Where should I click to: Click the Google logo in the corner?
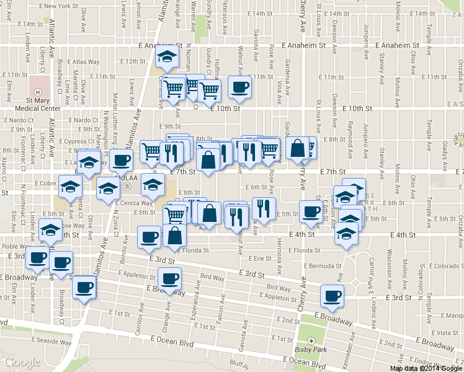[x=22, y=362]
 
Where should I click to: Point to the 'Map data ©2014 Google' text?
[x=426, y=368]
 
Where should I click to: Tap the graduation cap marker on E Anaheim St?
[x=166, y=56]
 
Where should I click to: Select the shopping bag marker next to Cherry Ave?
[x=298, y=148]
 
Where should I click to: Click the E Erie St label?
[x=259, y=258]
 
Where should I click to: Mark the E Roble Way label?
[x=13, y=246]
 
